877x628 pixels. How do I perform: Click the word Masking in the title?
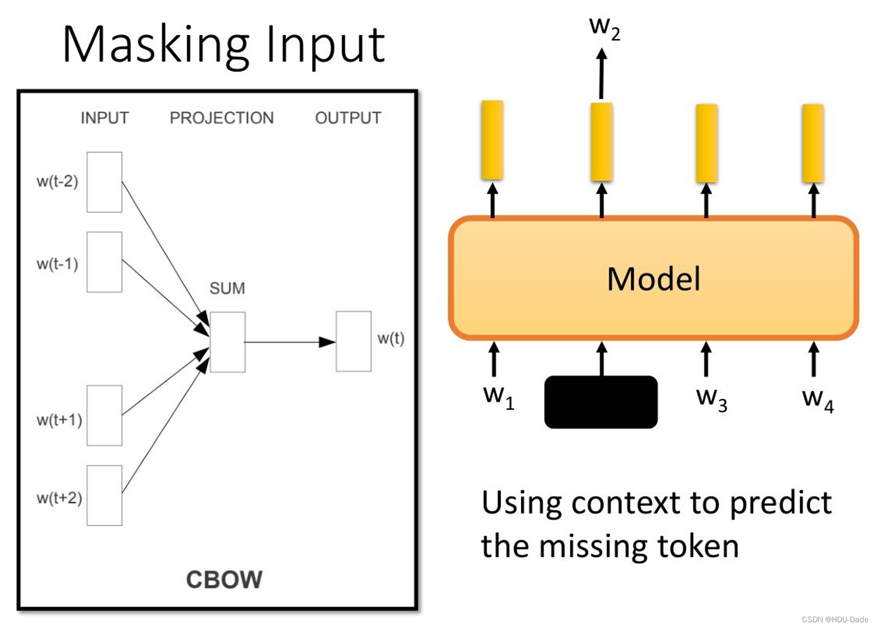click(156, 45)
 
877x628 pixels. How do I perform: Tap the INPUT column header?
click(105, 118)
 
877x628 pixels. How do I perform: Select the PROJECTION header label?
click(222, 118)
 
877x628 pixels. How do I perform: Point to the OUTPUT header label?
click(348, 118)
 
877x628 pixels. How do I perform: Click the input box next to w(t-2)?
click(105, 182)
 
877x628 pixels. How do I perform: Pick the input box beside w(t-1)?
click(105, 262)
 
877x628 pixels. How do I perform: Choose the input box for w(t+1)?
click(105, 415)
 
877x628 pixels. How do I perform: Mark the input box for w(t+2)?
click(105, 495)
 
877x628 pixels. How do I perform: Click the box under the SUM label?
click(227, 342)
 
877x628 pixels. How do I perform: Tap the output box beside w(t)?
click(354, 341)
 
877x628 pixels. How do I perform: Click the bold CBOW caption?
click(224, 580)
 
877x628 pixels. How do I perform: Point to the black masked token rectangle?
click(601, 402)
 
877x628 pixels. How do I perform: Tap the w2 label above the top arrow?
click(604, 27)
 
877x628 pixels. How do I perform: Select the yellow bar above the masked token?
click(601, 142)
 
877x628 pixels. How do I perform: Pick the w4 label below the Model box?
click(818, 399)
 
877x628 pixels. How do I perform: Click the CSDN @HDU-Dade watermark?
click(835, 620)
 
